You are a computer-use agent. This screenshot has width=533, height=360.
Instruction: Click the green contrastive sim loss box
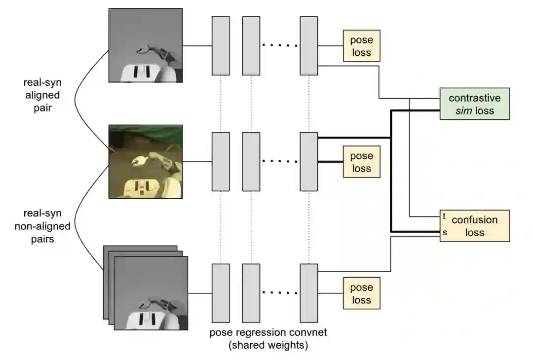coord(474,104)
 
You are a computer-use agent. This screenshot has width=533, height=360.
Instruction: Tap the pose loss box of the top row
coord(361,46)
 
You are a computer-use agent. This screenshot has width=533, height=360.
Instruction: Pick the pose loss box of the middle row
coord(361,162)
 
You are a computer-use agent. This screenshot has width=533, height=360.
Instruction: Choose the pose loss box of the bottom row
coord(361,293)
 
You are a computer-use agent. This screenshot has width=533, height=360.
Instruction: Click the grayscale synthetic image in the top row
coord(146,45)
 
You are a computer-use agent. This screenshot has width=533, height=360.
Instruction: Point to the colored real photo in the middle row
coord(146,161)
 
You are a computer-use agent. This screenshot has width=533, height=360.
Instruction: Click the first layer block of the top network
coord(221,45)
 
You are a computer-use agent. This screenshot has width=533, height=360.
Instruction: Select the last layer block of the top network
coord(309,45)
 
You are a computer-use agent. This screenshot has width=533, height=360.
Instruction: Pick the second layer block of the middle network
coord(251,161)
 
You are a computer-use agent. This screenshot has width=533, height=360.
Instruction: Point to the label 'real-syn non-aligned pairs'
coord(47,227)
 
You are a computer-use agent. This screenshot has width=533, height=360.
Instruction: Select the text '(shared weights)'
coord(268,345)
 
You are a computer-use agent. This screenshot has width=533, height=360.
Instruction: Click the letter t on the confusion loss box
coord(445,216)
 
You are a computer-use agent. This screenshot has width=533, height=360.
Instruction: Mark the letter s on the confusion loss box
coord(445,233)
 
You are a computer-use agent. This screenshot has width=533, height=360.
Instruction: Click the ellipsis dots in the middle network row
coord(280,161)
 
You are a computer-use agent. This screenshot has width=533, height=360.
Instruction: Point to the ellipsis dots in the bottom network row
coord(280,293)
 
